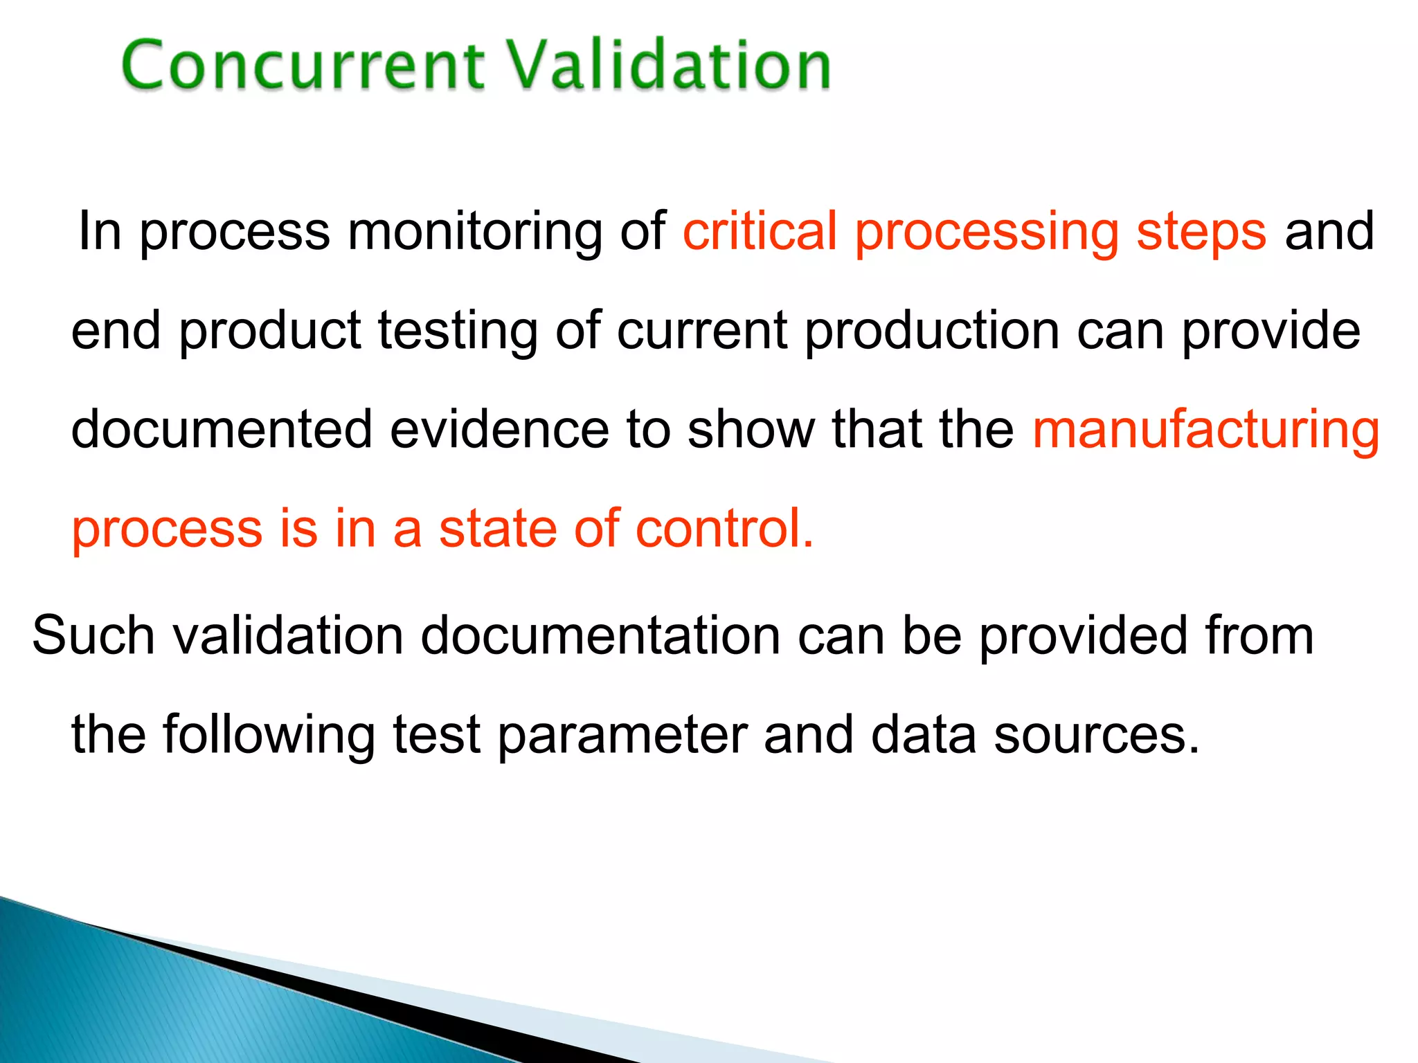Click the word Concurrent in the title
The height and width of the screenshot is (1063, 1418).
(x=303, y=66)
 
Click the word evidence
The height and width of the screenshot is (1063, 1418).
(x=499, y=430)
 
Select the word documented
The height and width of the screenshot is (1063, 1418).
(x=222, y=430)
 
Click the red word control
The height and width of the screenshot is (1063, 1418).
(x=724, y=529)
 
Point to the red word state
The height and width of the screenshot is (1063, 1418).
(x=498, y=529)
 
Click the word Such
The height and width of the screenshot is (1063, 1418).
(x=93, y=635)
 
